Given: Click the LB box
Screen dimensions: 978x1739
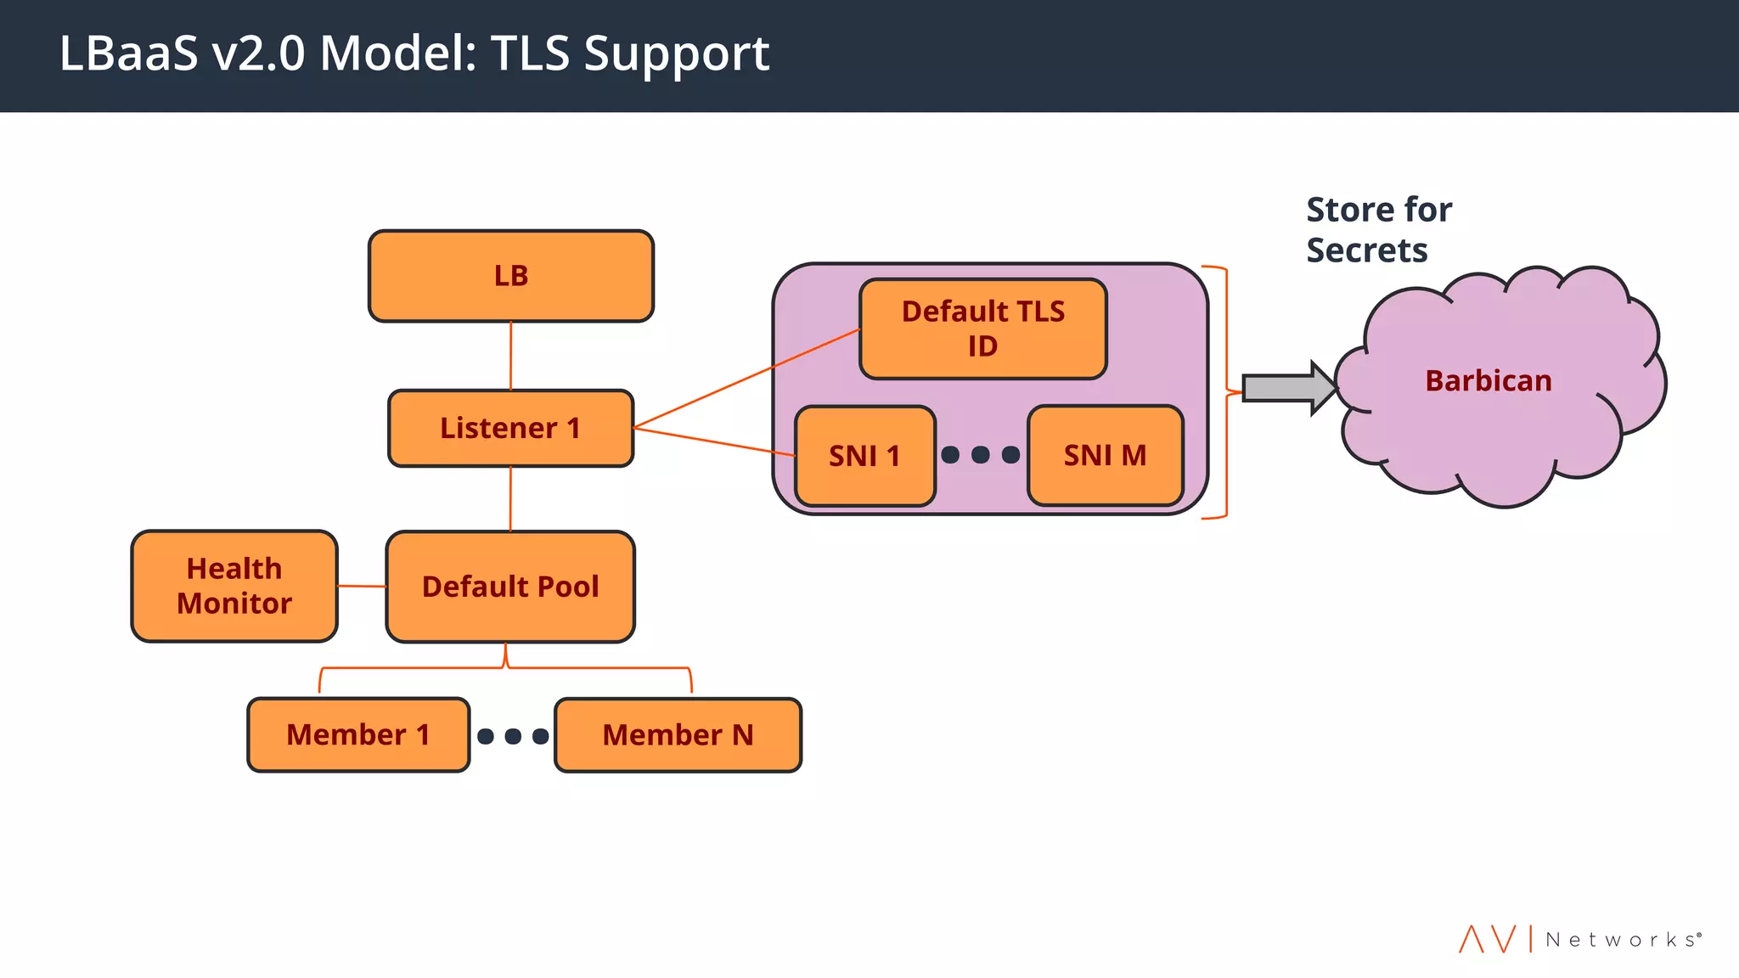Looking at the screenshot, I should [510, 276].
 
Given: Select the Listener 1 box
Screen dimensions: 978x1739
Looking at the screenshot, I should [510, 428].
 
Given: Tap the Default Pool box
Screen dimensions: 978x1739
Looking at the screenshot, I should [510, 587].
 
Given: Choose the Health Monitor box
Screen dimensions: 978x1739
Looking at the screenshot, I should [234, 586].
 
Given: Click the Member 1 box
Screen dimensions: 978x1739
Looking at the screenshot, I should [357, 734].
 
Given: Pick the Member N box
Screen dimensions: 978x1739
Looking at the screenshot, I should [678, 734].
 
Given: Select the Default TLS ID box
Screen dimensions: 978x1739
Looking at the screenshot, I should [982, 329].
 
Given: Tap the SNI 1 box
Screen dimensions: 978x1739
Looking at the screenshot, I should [864, 456].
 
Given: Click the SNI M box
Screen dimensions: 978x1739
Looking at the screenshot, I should [1105, 456].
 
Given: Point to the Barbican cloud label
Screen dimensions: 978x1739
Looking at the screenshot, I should [1488, 381].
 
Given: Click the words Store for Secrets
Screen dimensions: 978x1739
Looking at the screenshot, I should [1377, 229].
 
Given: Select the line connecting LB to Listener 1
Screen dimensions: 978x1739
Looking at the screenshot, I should [510, 356].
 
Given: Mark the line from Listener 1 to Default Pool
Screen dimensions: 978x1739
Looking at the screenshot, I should [510, 499].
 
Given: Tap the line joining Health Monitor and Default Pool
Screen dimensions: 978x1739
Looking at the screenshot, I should [362, 586].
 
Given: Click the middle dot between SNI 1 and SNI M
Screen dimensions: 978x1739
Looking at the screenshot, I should [981, 455].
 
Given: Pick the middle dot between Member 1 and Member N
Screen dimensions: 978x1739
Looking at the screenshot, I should [513, 736].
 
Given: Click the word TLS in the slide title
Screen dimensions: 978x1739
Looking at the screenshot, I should [530, 53].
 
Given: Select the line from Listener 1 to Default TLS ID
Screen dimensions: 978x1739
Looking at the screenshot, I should [747, 377].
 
